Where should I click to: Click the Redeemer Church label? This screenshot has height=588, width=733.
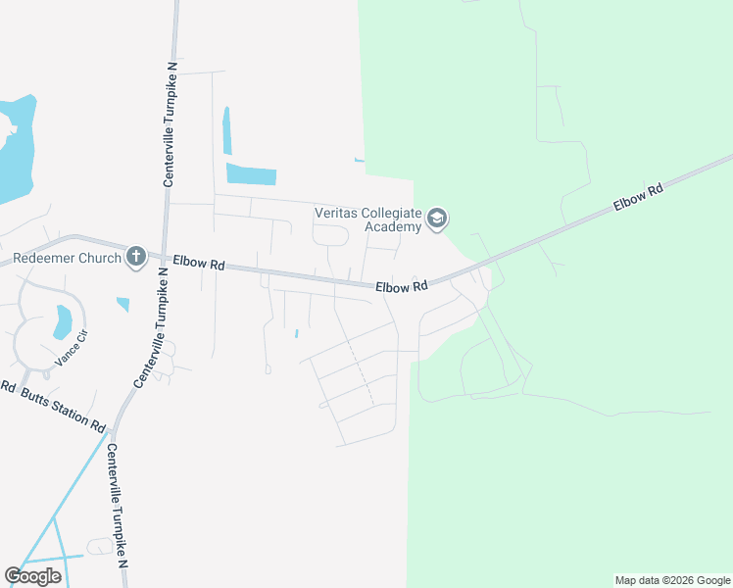tap(67, 259)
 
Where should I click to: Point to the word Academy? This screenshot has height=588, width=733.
tap(393, 226)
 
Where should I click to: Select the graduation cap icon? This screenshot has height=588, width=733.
tap(437, 219)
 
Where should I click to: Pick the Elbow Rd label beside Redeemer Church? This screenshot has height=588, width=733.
tap(199, 263)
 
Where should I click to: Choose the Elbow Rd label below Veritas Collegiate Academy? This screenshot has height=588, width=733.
tap(403, 286)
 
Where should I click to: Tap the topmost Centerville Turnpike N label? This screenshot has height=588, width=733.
tap(170, 124)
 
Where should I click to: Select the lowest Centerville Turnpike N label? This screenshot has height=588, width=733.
tap(117, 506)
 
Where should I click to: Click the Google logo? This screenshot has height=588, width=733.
tap(32, 576)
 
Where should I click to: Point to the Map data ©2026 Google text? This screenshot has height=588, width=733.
tap(672, 580)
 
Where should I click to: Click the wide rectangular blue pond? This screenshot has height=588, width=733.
tap(251, 174)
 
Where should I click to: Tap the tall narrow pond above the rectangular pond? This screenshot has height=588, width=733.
tap(227, 129)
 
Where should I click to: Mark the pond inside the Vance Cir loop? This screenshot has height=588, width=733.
tap(63, 319)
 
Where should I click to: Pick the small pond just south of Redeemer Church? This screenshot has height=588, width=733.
tap(122, 304)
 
